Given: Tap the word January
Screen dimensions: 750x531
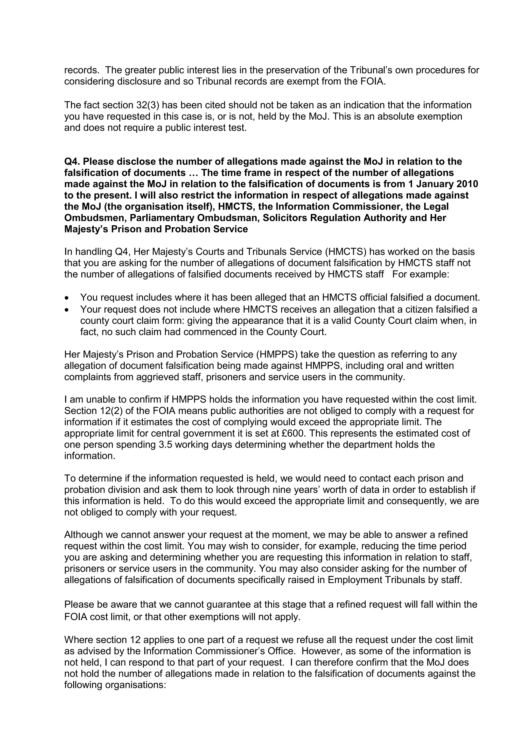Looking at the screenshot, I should pyautogui.click(x=434, y=184).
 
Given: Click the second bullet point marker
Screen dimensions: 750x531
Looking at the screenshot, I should pyautogui.click(x=67, y=309).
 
